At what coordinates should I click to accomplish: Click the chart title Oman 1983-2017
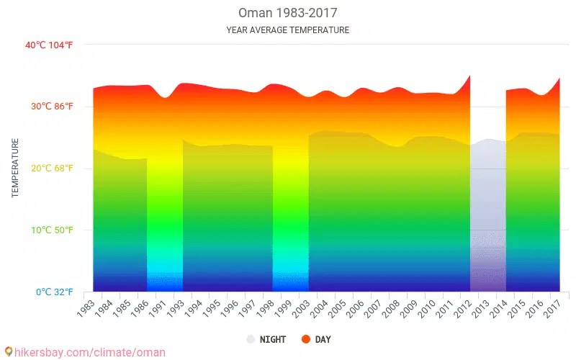coord(287,13)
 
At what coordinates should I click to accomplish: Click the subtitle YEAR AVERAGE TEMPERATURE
coord(287,30)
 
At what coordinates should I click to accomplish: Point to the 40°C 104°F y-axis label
coord(49,45)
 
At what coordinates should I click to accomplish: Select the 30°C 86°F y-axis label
coord(51,107)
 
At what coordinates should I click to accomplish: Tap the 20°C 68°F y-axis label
coord(51,168)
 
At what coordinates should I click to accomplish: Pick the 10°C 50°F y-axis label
coord(51,230)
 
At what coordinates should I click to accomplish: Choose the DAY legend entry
coord(323,339)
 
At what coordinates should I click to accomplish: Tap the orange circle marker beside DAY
coord(305,339)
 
